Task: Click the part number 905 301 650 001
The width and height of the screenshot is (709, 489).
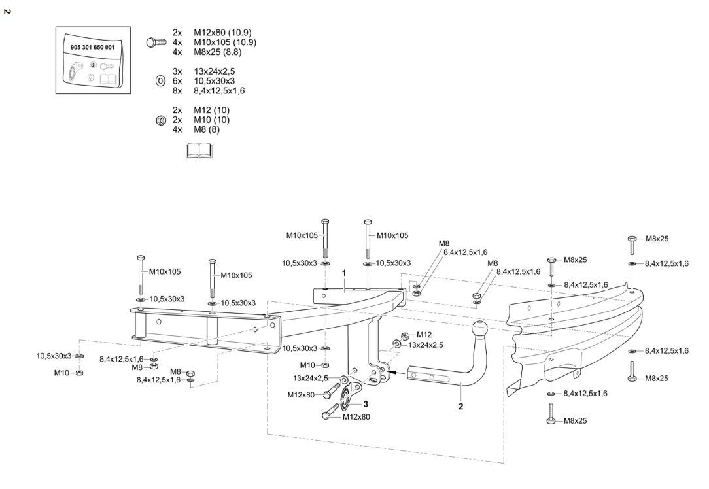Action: point(92,48)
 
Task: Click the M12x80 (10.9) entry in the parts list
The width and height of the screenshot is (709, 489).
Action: point(222,32)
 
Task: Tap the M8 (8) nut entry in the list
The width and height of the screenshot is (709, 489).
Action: point(207,129)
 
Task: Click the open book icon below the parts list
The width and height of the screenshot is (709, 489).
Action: point(199,151)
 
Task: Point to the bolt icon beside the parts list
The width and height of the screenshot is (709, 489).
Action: point(156,42)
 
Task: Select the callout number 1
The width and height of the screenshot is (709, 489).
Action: point(344,272)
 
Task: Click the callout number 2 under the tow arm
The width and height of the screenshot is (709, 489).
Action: point(461,406)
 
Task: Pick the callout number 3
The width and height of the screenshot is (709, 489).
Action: point(366,404)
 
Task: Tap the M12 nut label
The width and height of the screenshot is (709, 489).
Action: point(424,335)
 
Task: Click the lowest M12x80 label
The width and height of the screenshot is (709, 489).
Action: point(356,417)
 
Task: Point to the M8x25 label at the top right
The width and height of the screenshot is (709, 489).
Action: point(657,239)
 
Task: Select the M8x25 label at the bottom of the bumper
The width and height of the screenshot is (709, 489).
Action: point(575,420)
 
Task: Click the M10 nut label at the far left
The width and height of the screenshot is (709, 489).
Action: point(61,373)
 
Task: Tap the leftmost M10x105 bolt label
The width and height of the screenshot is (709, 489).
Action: point(165,271)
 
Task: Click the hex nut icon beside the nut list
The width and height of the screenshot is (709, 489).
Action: point(160,120)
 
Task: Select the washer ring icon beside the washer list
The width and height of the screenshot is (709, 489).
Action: point(160,81)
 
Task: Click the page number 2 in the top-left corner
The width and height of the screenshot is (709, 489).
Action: point(7,11)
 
